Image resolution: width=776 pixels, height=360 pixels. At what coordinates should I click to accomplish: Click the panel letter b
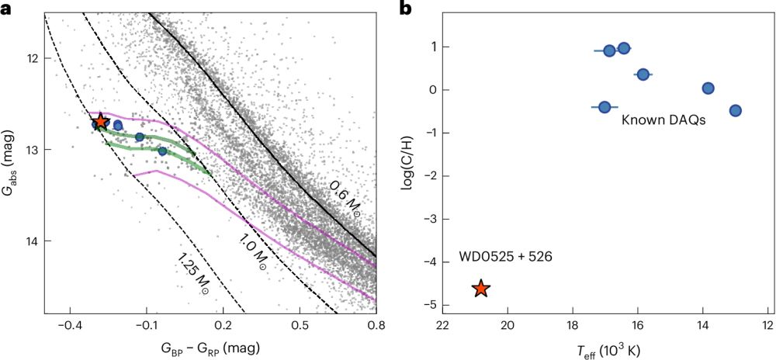405,9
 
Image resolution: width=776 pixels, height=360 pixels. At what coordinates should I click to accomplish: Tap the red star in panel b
481,289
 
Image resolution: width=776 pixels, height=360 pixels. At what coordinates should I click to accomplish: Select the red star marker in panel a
100,122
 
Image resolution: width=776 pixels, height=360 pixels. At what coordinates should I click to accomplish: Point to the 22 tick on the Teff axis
443,327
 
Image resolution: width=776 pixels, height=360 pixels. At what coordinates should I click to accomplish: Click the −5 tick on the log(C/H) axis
425,305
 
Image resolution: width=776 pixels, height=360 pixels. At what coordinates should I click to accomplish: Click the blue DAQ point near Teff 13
736,110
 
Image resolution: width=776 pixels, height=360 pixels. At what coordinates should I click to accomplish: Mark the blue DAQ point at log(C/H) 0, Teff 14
708,88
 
